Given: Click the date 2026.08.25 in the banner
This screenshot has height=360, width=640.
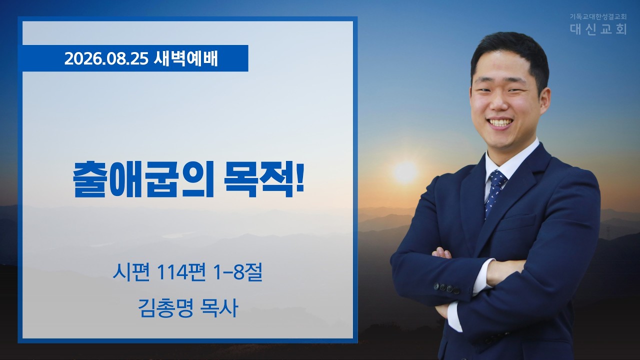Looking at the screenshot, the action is (106, 59).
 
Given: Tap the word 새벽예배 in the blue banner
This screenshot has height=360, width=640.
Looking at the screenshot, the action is (185, 59).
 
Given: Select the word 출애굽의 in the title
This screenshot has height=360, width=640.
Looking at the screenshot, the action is (143, 179).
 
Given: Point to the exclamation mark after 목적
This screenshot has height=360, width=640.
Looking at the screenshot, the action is (299, 177).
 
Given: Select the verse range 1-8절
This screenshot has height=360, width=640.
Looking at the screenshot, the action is (237, 272).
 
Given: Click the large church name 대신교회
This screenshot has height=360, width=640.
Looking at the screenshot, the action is (598, 28).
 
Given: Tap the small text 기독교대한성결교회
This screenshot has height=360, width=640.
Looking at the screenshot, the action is (597, 16).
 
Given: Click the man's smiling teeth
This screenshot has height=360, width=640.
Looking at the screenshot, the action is (500, 122).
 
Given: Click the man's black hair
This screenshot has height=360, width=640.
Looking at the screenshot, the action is (510, 51).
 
